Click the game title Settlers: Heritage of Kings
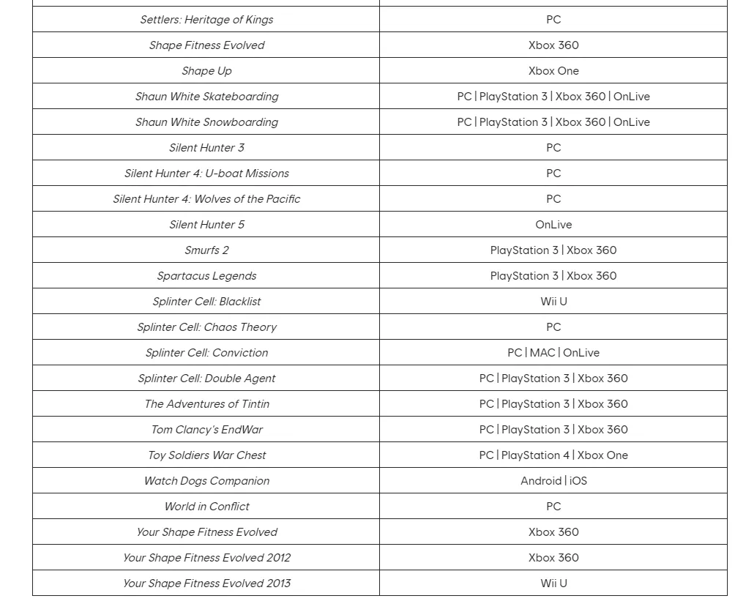tap(206, 20)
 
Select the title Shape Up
tap(206, 71)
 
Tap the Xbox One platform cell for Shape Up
tap(553, 71)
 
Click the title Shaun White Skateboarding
tap(206, 97)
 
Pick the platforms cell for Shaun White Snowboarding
tap(553, 122)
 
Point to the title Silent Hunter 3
tap(206, 148)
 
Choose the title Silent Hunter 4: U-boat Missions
tap(206, 174)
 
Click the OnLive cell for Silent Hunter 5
tap(553, 225)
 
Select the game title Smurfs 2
tap(206, 250)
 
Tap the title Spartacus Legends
tap(206, 276)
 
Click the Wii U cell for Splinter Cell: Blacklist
tap(553, 302)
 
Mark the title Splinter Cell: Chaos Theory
tap(206, 327)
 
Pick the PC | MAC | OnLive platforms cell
tap(553, 353)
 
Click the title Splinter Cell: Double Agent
tap(206, 379)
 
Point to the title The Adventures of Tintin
tap(206, 404)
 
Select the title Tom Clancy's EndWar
tap(206, 430)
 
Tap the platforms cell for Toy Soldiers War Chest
tap(553, 455)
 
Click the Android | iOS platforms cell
tap(553, 481)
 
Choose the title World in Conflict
tap(206, 507)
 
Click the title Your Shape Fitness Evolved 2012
tap(206, 558)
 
